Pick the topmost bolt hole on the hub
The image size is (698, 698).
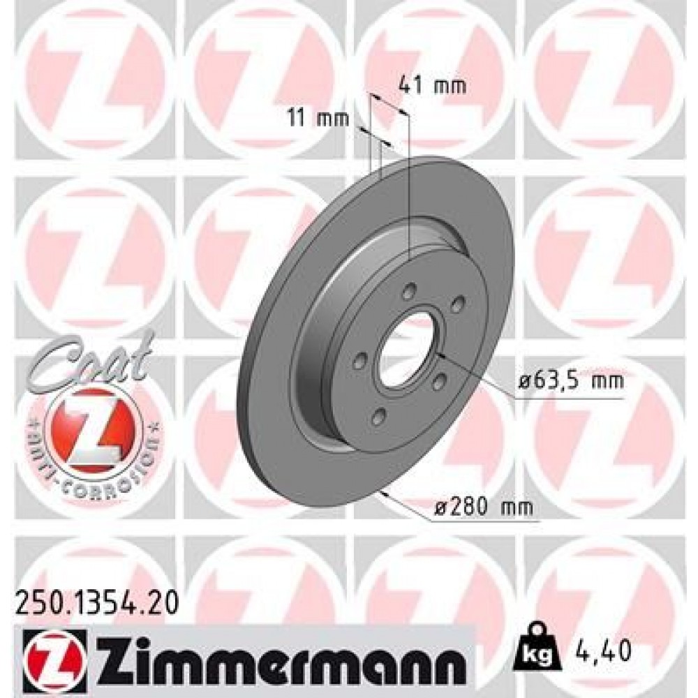(x=410, y=290)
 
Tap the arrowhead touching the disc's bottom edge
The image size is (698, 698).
(x=380, y=494)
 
